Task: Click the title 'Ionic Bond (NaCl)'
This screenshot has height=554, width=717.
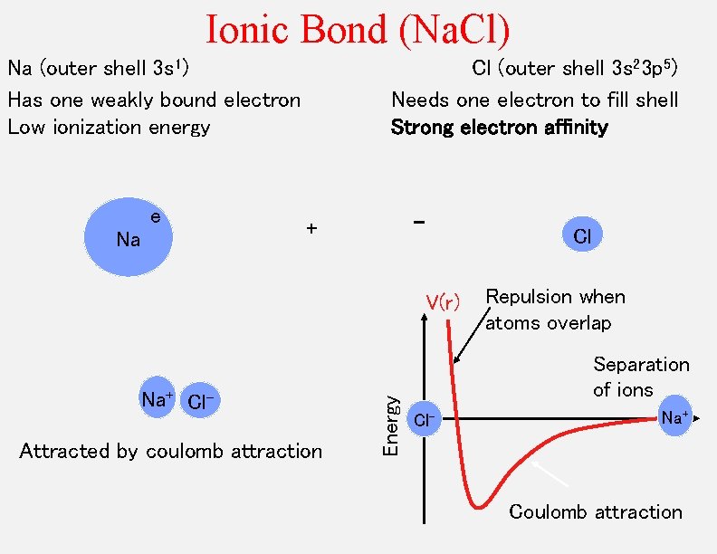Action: click(x=358, y=29)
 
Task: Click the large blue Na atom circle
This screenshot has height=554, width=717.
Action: click(x=128, y=237)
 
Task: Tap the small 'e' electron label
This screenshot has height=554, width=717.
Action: click(x=156, y=216)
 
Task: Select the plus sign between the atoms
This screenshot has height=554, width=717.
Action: click(x=311, y=229)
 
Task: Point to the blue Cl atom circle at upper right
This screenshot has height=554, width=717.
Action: click(x=582, y=236)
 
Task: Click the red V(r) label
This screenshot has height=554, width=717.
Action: click(x=443, y=301)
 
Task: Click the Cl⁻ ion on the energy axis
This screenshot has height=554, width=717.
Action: click(x=426, y=419)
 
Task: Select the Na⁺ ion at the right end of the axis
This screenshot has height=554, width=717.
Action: click(x=674, y=416)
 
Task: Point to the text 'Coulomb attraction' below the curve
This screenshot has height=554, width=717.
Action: click(x=595, y=512)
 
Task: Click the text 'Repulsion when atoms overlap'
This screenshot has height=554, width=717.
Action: click(x=555, y=310)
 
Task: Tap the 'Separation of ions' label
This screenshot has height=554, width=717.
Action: click(x=641, y=377)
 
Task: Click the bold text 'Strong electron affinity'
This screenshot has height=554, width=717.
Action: click(x=499, y=128)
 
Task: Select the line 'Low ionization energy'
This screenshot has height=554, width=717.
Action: click(x=109, y=128)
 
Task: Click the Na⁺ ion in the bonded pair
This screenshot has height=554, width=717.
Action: click(x=158, y=398)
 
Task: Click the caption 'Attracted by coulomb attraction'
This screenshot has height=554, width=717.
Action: click(x=171, y=451)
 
